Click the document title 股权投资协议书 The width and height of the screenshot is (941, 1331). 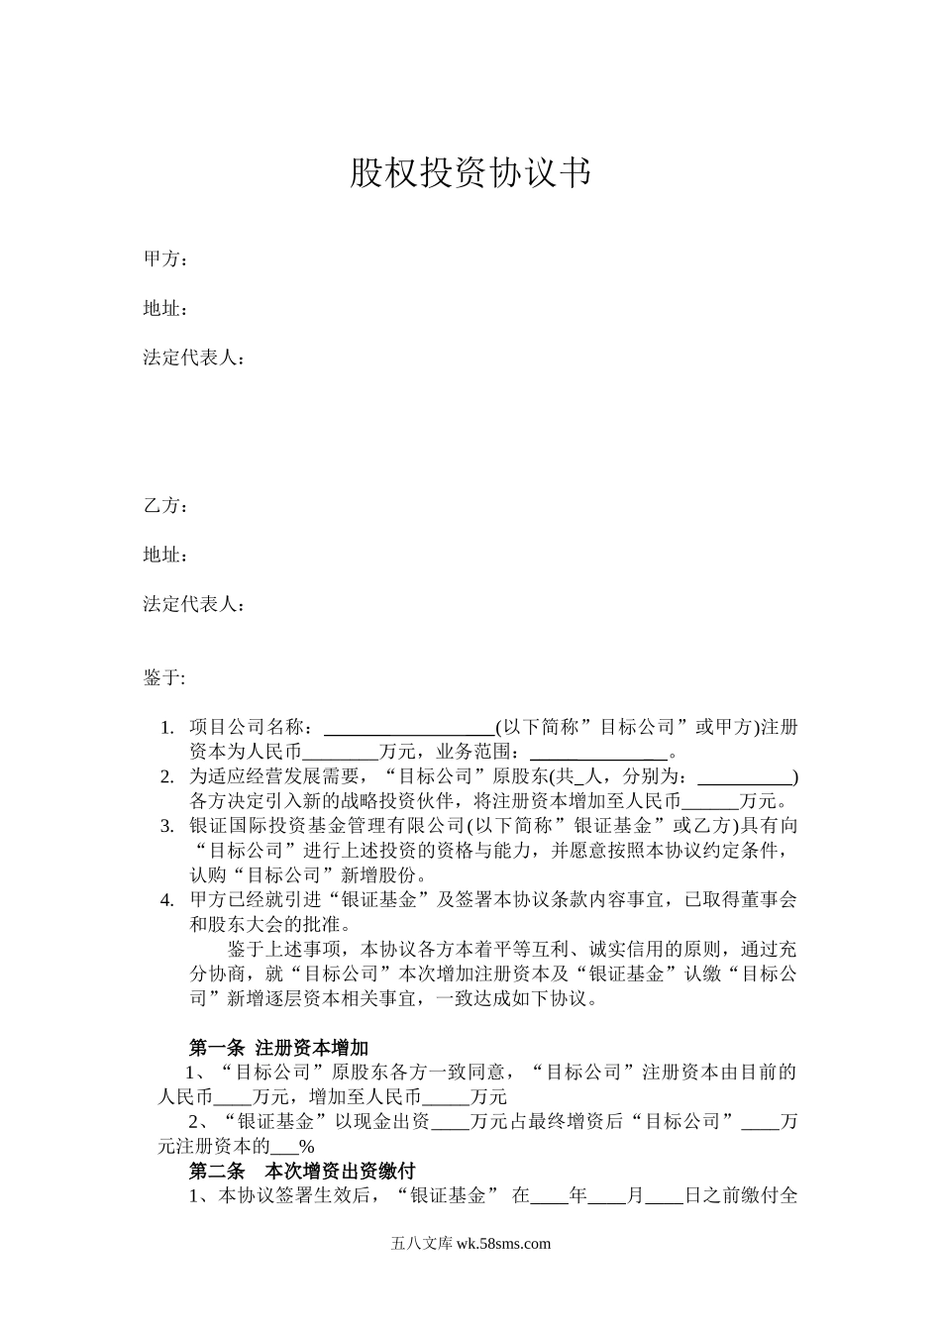470,173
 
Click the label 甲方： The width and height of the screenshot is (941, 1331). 165,259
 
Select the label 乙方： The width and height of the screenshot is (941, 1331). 165,506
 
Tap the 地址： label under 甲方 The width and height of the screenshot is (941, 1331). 165,309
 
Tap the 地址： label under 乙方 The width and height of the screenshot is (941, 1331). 165,555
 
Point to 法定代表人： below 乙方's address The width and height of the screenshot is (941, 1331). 193,604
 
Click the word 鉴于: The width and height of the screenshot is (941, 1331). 164,677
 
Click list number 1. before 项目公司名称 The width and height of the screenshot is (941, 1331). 167,728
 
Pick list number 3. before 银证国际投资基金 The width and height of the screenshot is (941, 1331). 167,826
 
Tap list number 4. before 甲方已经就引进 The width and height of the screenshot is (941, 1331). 167,900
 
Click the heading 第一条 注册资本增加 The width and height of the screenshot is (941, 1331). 278,1048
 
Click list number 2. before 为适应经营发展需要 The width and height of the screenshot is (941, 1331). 167,776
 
